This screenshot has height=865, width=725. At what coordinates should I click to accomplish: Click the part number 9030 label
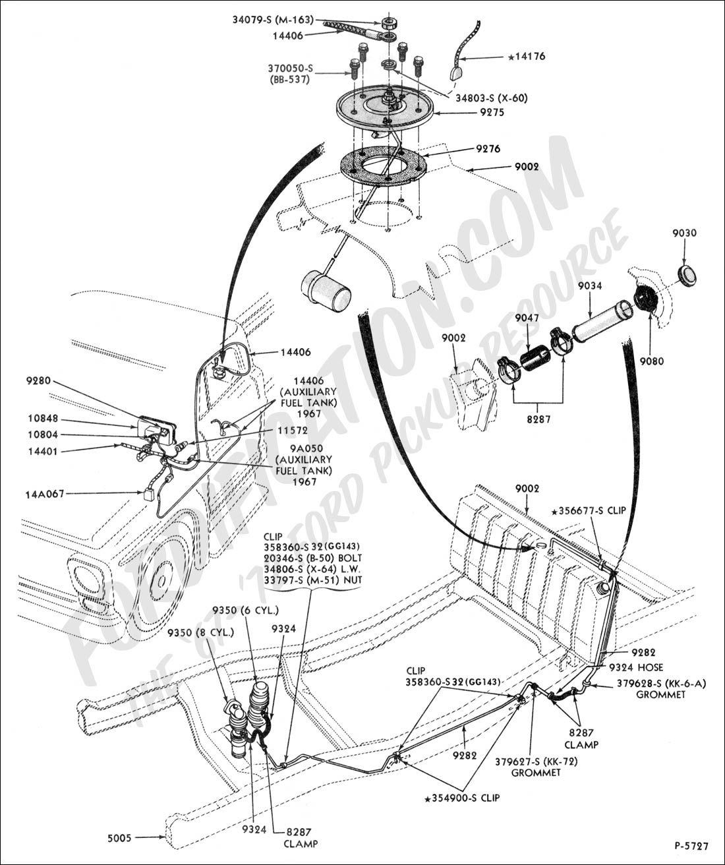tap(684, 233)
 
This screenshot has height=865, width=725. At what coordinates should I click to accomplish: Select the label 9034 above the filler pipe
tap(588, 286)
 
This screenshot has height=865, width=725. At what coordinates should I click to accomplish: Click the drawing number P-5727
tap(691, 845)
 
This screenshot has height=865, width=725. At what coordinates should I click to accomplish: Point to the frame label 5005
tap(119, 838)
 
